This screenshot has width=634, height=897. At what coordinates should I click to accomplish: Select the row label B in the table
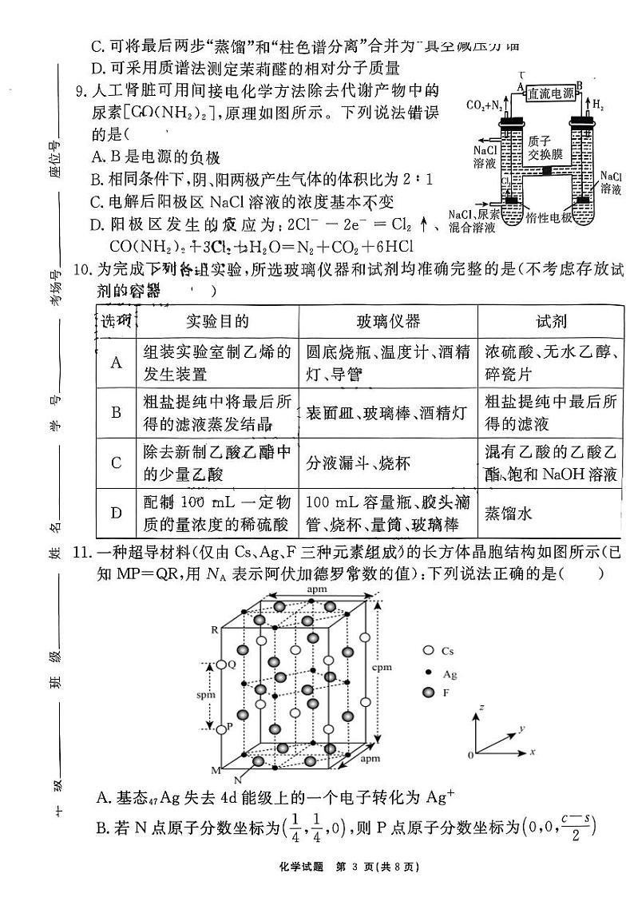point(117,412)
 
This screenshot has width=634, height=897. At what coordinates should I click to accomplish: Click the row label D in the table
point(117,512)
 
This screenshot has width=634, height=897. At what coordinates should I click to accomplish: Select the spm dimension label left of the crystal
point(206,695)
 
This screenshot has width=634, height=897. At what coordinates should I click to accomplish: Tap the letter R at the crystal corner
point(214,630)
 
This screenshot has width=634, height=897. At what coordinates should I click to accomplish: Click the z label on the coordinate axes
point(481,708)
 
